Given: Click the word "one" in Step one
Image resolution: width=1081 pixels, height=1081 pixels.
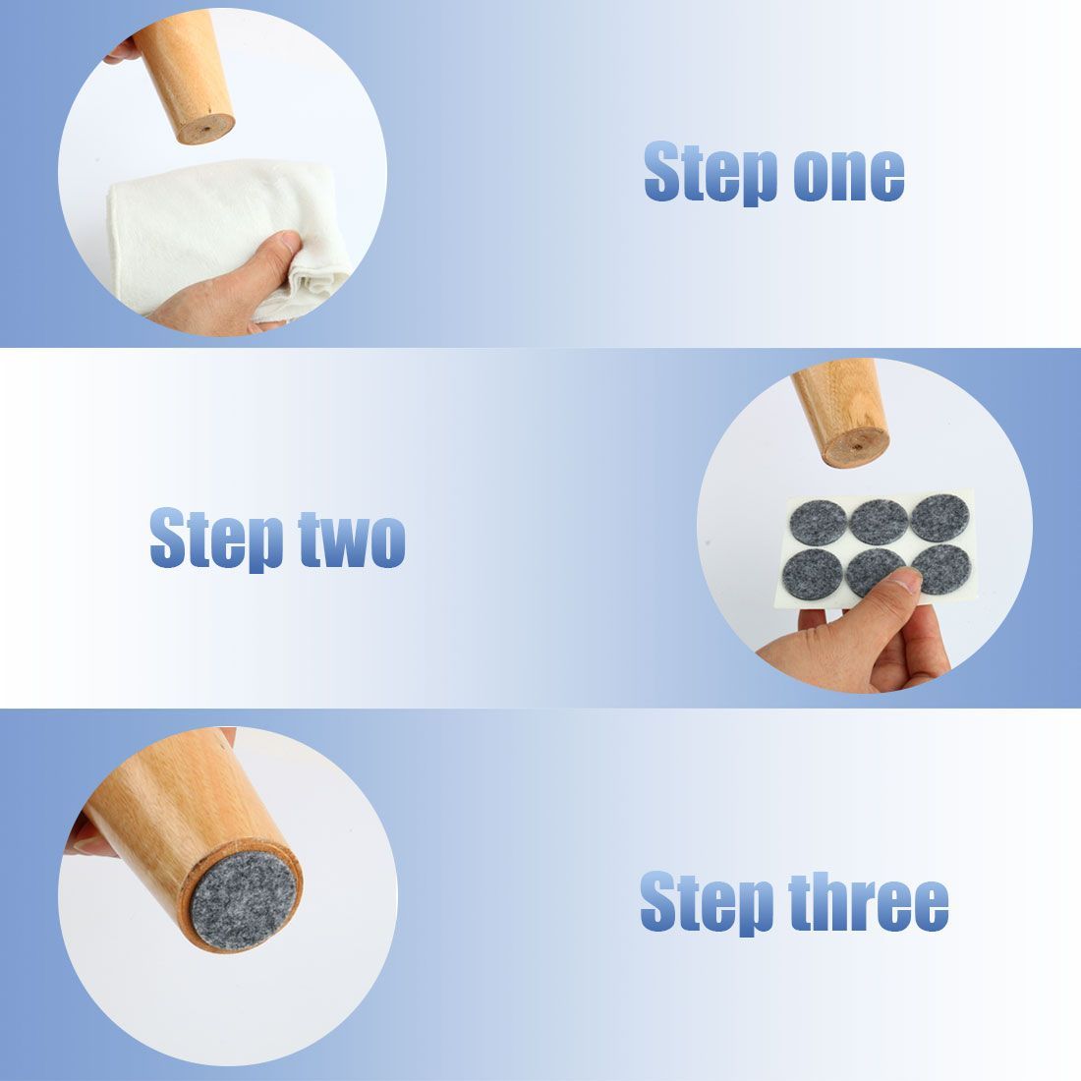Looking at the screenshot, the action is [x=849, y=176].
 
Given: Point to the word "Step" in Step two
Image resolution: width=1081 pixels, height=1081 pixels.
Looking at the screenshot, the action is [x=216, y=540].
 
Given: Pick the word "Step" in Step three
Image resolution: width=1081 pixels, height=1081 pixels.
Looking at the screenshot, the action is [x=707, y=902].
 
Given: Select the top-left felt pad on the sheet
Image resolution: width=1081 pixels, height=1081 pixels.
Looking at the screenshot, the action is [x=819, y=523].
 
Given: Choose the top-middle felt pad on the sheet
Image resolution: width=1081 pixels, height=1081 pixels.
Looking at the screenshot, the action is [x=879, y=521].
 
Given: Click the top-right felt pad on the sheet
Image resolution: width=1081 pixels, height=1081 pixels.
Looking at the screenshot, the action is [x=939, y=517].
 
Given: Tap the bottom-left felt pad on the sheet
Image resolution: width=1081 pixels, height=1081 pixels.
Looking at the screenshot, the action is [x=813, y=574].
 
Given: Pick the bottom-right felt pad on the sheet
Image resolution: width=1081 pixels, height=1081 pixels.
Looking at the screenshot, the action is [x=941, y=569].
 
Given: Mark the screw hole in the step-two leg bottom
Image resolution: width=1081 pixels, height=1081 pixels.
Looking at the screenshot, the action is [x=856, y=446].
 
